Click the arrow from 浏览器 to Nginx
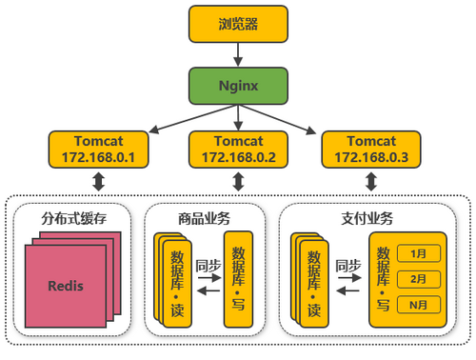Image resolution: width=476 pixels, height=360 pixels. point(237,54)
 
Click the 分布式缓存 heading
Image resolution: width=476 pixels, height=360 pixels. point(74,217)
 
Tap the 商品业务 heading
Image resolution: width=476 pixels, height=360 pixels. point(204,217)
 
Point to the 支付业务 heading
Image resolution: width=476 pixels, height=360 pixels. point(367,217)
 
